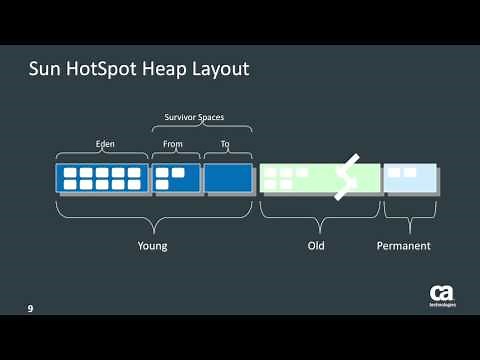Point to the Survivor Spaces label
(193, 118)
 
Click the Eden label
(103, 144)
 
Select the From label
(174, 144)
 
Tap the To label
(225, 144)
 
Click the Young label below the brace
(153, 245)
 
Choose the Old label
(319, 245)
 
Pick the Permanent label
(404, 245)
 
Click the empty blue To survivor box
(228, 178)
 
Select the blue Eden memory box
(103, 178)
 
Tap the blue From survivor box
(176, 178)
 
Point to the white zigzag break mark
(346, 176)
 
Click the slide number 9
(30, 308)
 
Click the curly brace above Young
(153, 214)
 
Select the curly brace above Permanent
(410, 212)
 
